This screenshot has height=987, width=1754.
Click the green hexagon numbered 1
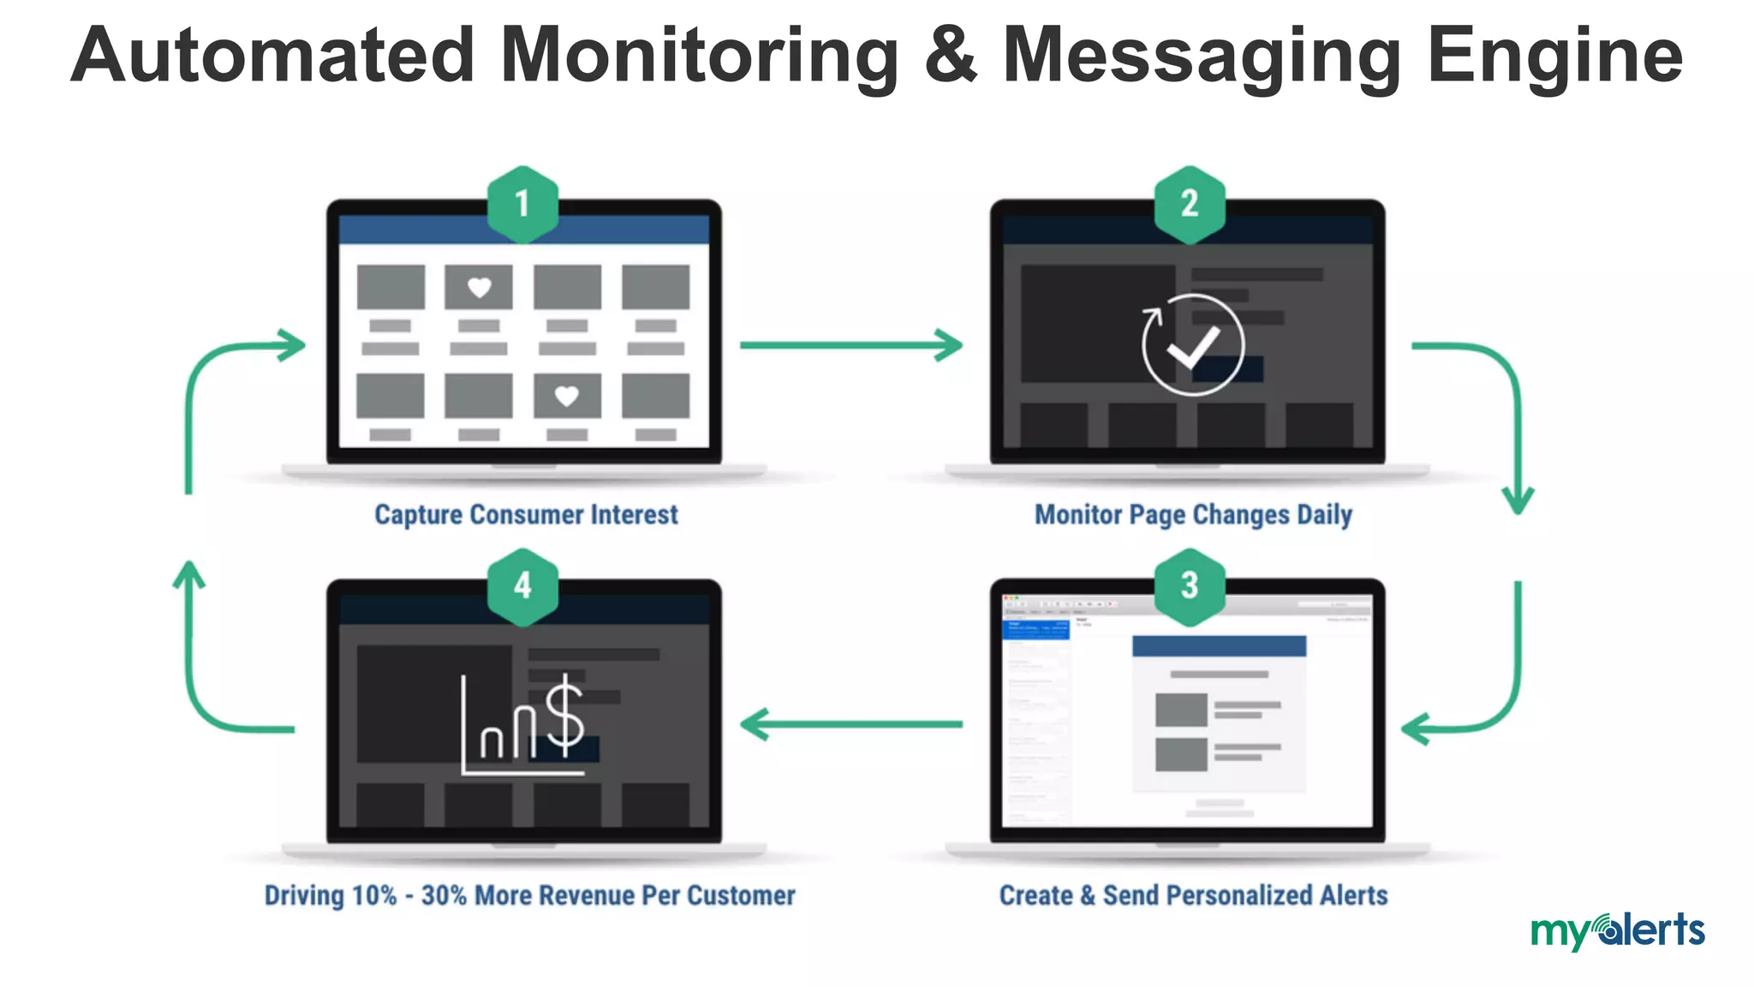pyautogui.click(x=522, y=204)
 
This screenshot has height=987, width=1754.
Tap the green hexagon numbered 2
pyautogui.click(x=1190, y=204)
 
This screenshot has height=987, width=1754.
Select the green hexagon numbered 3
pyautogui.click(x=1190, y=586)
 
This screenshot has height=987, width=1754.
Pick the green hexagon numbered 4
pyautogui.click(x=522, y=586)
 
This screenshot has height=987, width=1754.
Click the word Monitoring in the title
pyautogui.click(x=698, y=57)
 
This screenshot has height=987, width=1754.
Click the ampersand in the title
pyautogui.click(x=951, y=57)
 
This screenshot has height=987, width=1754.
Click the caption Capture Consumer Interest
pyautogui.click(x=526, y=514)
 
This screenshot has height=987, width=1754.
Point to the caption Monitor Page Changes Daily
pyautogui.click(x=1193, y=514)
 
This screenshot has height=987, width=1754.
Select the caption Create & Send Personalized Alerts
pyautogui.click(x=1193, y=895)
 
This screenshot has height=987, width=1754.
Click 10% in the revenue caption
pyautogui.click(x=374, y=895)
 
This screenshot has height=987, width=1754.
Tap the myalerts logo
pyautogui.click(x=1617, y=930)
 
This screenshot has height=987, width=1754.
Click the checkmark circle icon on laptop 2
pyautogui.click(x=1193, y=344)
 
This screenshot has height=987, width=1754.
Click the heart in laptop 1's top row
pyautogui.click(x=479, y=287)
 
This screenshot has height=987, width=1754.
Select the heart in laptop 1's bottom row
pyautogui.click(x=567, y=396)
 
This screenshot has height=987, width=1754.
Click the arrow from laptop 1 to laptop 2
pyautogui.click(x=850, y=345)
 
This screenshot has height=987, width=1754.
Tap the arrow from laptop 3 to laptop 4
pyautogui.click(x=850, y=725)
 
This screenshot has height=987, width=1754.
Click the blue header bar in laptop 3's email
pyautogui.click(x=1219, y=646)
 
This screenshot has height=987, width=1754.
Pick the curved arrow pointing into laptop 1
pyautogui.click(x=223, y=368)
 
